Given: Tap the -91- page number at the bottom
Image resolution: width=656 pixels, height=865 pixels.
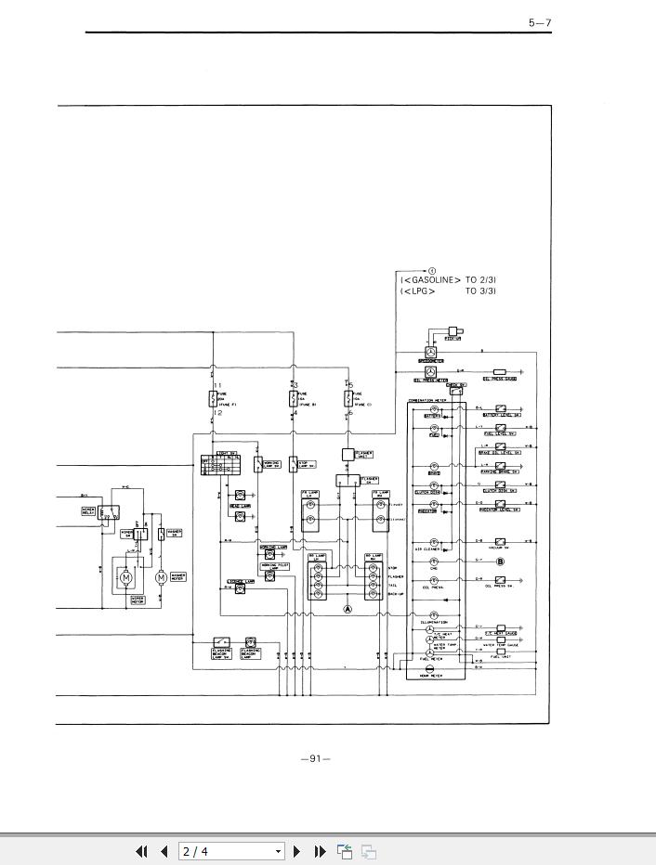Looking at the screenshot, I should tap(316, 758).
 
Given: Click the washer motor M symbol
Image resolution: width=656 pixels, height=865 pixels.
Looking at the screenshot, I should tap(161, 577).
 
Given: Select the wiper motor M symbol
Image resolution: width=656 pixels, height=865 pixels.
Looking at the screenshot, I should tap(126, 577).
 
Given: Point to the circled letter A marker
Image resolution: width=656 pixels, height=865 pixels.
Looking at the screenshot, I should tap(348, 610).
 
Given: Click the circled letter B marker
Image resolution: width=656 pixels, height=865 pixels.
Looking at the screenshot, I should tap(500, 562).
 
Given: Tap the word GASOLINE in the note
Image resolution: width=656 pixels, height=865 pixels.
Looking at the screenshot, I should tap(431, 279).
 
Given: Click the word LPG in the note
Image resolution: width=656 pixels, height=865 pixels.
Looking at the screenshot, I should tap(418, 291).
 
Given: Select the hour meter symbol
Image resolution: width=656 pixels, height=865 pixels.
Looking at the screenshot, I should tap(429, 668).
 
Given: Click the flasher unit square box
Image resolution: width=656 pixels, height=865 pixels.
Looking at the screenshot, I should tap(348, 455).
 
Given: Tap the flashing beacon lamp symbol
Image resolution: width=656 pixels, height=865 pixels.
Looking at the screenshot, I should tap(250, 642).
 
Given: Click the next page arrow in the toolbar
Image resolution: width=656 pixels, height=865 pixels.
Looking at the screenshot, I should tap(297, 851).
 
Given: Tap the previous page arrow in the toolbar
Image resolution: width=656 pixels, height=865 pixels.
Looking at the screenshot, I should tap(164, 851).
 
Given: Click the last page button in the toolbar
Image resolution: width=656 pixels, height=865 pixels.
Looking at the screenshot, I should tap(320, 851).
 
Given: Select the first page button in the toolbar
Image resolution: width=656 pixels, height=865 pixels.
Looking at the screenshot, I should tap(142, 851).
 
